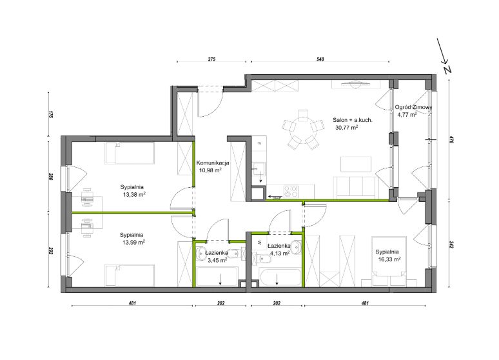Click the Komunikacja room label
coord(213,163)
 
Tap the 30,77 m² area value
coord(347,128)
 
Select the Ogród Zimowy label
coord(413,107)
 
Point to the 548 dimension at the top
coord(320,59)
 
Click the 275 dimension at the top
coord(211,59)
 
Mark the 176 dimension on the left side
coord(50,114)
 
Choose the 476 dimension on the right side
coord(450,140)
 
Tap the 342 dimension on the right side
coord(450,245)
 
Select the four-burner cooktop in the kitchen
coord(291,192)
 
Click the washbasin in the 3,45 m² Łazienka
coord(202,254)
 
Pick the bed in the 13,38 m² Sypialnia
coord(130,154)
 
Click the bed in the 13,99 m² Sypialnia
coord(130,275)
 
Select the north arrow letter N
coord(448,70)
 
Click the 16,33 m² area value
coord(389,259)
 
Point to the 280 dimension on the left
coord(50,176)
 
